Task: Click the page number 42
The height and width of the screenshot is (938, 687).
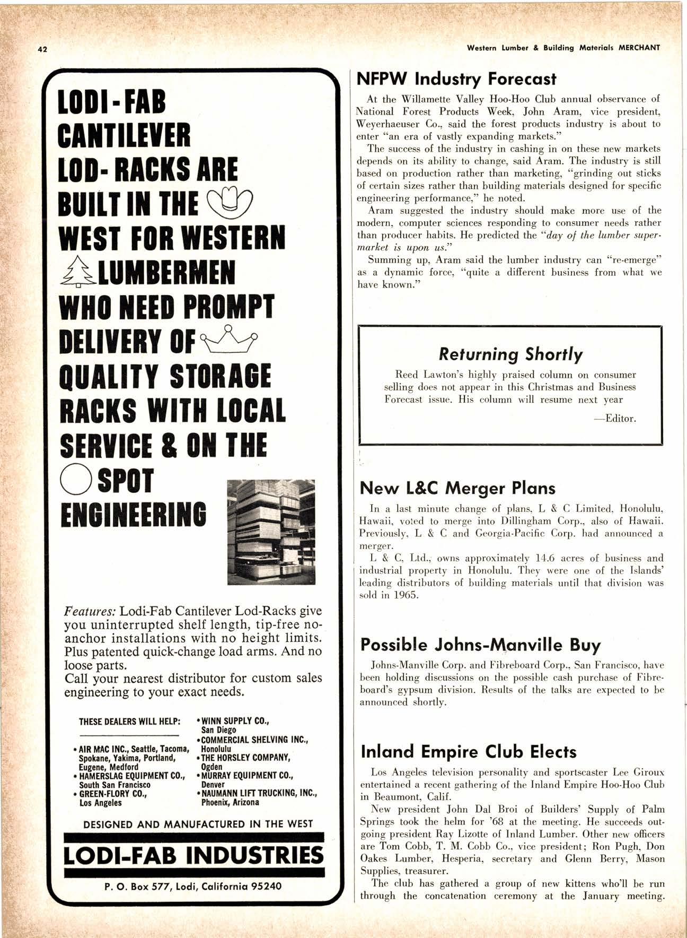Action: (42, 49)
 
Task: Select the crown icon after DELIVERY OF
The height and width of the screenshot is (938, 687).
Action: (230, 338)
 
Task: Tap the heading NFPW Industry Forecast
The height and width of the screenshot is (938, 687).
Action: (456, 79)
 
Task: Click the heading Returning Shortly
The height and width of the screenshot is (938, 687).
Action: (510, 354)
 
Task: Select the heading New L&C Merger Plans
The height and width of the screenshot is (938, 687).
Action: (457, 488)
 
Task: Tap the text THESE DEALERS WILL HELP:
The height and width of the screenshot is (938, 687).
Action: (130, 722)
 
